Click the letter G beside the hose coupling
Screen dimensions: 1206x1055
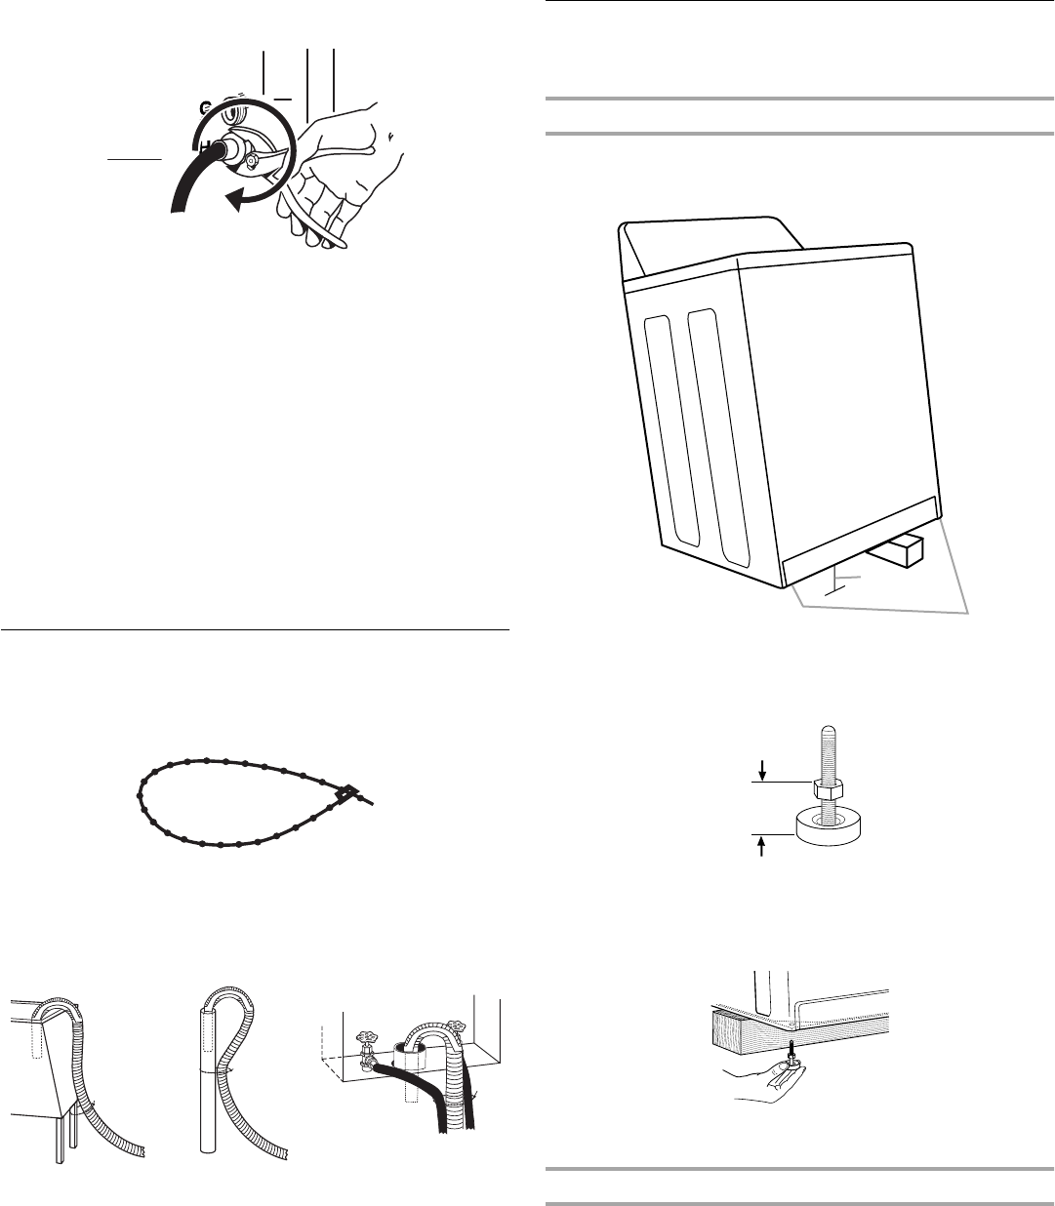click(x=206, y=106)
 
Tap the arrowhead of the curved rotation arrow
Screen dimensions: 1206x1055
click(x=231, y=201)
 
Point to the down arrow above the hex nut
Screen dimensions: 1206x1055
click(x=762, y=772)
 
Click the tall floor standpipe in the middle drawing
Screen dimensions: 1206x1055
click(x=209, y=1103)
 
